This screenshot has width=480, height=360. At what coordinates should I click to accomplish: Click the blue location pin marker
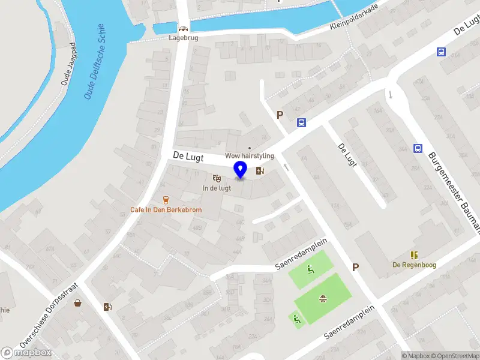(241, 170)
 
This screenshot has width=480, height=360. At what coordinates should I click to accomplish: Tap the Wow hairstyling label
(250, 156)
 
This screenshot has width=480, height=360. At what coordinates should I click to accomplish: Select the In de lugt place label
(217, 188)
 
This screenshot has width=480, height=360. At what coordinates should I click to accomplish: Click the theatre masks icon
(217, 178)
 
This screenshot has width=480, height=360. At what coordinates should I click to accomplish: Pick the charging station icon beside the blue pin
(260, 170)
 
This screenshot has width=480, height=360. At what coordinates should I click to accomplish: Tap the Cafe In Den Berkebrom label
(166, 210)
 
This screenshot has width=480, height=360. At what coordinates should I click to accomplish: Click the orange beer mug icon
(166, 200)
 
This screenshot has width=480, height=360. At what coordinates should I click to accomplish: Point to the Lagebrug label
(183, 37)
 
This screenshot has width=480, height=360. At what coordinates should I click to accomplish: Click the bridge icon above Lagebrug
(183, 28)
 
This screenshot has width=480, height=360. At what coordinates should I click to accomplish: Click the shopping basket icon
(78, 303)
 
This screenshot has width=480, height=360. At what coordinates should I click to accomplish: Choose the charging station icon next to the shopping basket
(107, 307)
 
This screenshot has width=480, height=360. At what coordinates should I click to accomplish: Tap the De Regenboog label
(414, 265)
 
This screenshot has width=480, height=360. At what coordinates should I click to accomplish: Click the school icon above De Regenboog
(414, 255)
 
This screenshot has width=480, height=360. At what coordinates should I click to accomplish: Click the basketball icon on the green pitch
(323, 298)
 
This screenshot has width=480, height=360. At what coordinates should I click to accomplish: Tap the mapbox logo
(26, 353)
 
